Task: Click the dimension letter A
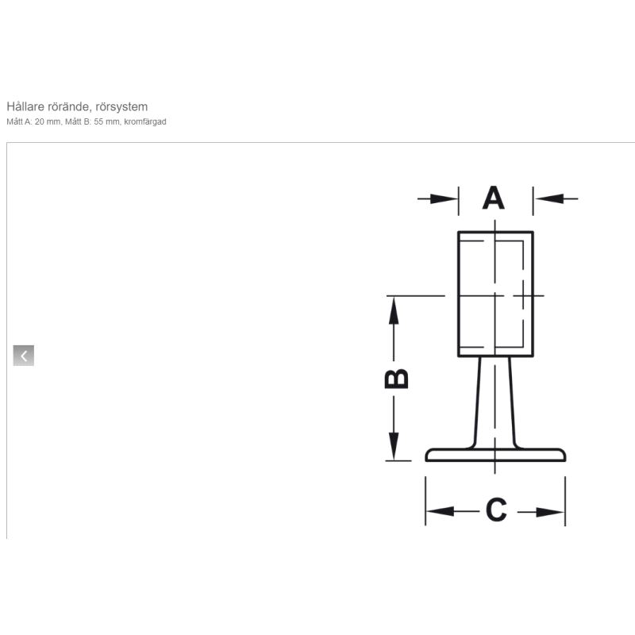[493, 198]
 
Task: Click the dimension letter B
[396, 379]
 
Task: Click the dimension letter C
[496, 510]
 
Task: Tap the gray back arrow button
[24, 356]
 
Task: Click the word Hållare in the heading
[25, 107]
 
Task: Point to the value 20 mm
[48, 122]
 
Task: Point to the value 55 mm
[107, 122]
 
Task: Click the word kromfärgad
[145, 122]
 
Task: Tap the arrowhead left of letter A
[444, 199]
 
